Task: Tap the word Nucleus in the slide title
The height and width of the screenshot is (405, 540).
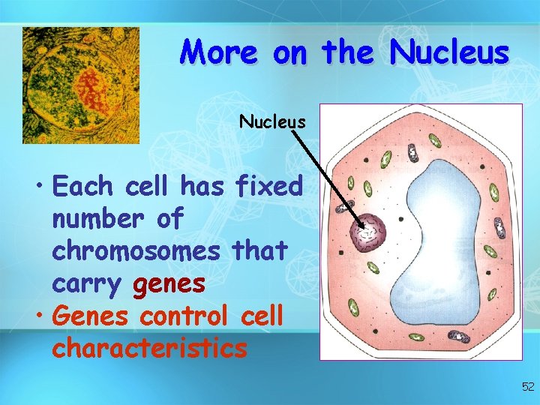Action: tap(450, 52)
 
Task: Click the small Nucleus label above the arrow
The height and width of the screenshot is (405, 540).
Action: tap(272, 121)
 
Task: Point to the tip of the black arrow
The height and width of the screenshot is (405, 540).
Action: tap(364, 228)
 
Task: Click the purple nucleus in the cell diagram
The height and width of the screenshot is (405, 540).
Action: tap(369, 234)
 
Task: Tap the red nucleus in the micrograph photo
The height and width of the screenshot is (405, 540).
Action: tap(92, 88)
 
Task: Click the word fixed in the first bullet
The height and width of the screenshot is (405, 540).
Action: tap(268, 186)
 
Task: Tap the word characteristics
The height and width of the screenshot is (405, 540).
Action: tap(149, 348)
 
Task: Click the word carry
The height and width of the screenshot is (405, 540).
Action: tap(87, 283)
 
